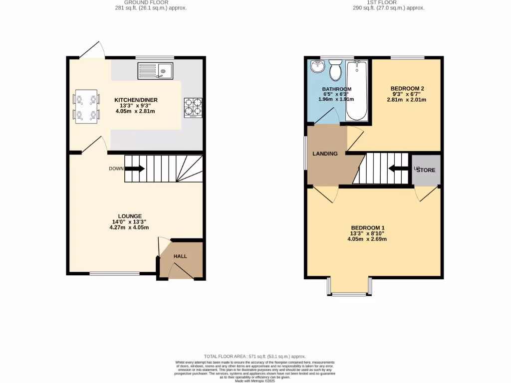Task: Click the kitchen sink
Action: click(x=155, y=71)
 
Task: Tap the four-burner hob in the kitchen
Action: click(x=194, y=107)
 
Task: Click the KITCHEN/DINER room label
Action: click(x=136, y=100)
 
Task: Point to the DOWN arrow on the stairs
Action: click(x=134, y=169)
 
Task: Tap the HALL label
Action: click(x=180, y=256)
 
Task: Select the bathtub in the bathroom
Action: click(x=357, y=90)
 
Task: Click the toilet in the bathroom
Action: click(x=335, y=70)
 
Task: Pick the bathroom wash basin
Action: click(x=317, y=66)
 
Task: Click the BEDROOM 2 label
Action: click(x=407, y=88)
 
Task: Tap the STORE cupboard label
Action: click(x=426, y=170)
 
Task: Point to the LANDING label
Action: click(x=325, y=154)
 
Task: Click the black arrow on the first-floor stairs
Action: click(x=399, y=169)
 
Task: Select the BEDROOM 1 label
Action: click(x=367, y=227)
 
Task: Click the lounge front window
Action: click(x=114, y=273)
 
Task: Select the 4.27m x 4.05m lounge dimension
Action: click(x=129, y=227)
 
